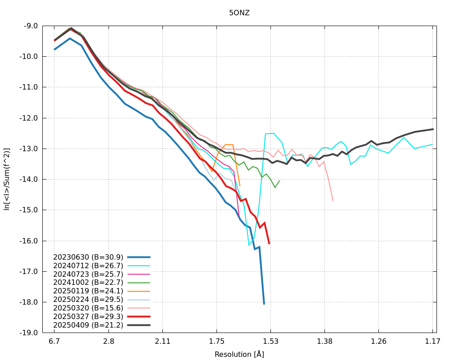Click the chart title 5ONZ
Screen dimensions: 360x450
[x=239, y=13]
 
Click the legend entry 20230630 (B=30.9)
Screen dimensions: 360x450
[x=88, y=257]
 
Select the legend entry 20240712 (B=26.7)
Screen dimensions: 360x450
[x=88, y=265]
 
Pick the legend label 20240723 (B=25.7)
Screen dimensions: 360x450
[x=88, y=274]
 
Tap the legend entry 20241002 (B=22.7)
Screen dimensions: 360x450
[x=88, y=283]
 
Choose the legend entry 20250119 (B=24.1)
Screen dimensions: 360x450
[x=88, y=291]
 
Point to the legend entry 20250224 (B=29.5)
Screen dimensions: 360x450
[x=88, y=299]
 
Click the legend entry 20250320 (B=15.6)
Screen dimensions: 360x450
[x=88, y=308]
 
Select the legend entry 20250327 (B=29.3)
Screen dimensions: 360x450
[x=88, y=316]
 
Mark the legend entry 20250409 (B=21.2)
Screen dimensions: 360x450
[x=88, y=325]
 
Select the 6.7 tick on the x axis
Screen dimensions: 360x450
[x=54, y=341]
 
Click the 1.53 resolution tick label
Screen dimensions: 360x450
[x=270, y=341]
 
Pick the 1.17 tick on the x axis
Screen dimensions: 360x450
[x=433, y=341]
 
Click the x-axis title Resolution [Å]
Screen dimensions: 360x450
[x=239, y=354]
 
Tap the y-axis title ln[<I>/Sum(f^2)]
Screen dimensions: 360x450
[x=7, y=179]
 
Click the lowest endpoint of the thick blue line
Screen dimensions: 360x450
[x=264, y=304]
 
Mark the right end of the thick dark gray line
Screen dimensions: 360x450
[x=433, y=129]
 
